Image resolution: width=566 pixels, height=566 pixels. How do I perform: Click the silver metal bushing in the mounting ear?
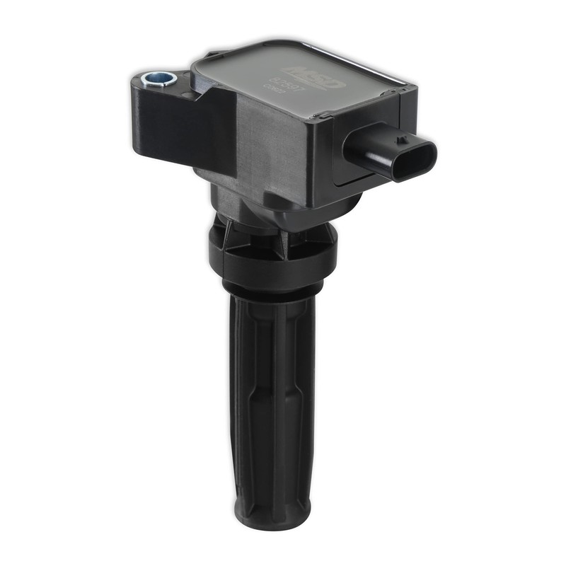coord(158,79)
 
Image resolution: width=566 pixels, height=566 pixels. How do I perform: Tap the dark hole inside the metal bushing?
coord(157,76)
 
